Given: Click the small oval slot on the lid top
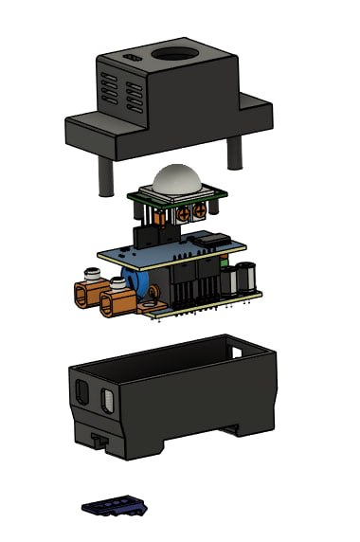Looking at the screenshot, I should point(131,59).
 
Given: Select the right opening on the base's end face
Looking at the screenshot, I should point(108,404).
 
